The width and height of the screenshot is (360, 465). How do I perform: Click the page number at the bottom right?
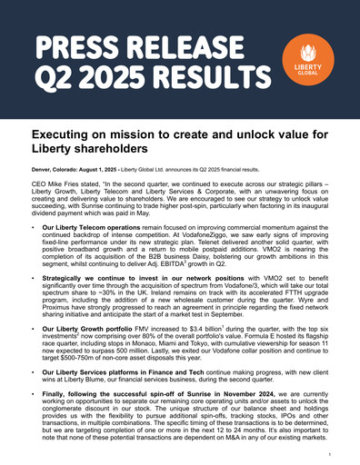(337, 450)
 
